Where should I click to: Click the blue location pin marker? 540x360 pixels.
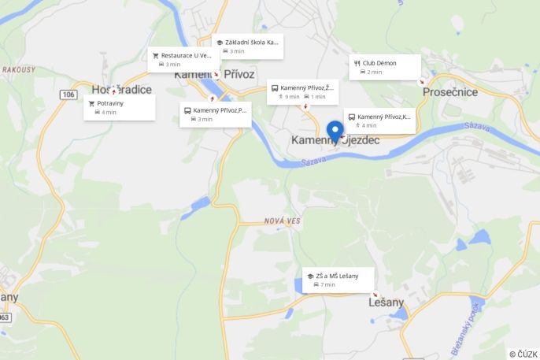(335, 131)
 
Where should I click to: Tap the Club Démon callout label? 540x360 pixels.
(385, 67)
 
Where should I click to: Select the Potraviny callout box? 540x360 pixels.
(119, 107)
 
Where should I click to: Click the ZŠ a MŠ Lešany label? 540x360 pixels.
(338, 280)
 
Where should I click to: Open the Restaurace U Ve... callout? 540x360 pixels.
(183, 60)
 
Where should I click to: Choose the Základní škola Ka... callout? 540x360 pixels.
(247, 46)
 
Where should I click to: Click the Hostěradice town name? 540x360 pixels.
(121, 89)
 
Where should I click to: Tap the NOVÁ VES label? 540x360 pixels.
(282, 221)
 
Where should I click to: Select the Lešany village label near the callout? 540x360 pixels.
(386, 302)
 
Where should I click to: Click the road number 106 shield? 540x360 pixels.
(68, 95)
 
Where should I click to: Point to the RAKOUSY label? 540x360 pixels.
(18, 70)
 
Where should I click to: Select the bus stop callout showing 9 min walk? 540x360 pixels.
(302, 91)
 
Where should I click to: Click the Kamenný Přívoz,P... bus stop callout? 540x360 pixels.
(215, 114)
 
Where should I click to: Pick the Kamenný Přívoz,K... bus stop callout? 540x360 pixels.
(379, 121)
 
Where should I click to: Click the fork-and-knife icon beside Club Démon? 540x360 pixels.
(357, 63)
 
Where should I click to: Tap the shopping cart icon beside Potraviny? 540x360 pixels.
(91, 103)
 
